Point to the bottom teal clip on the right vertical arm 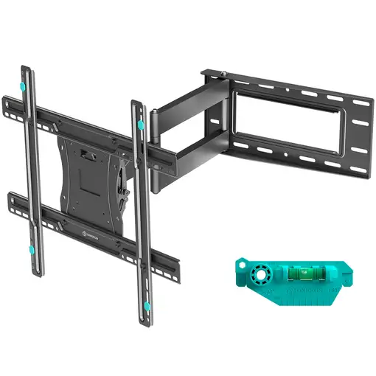147,304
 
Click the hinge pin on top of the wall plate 207,72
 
